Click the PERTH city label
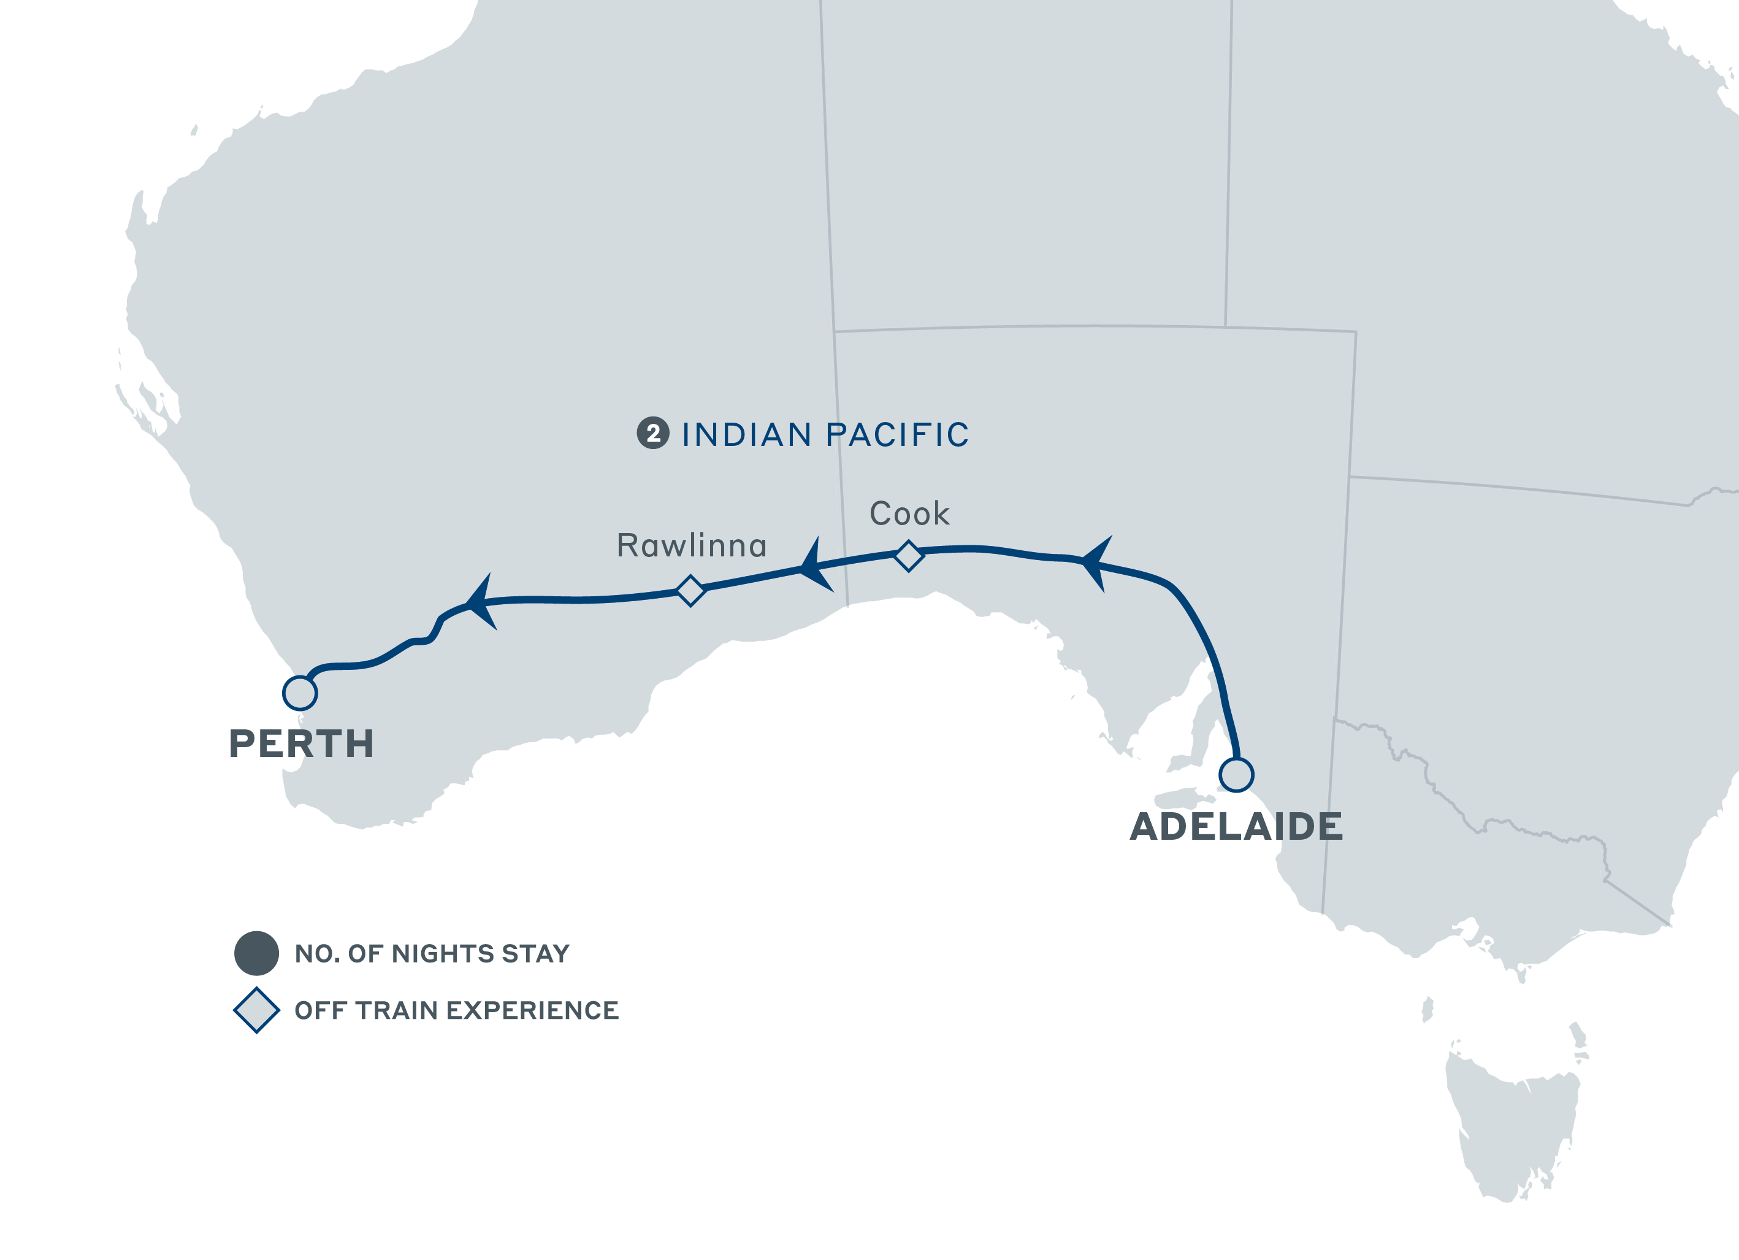pyautogui.click(x=301, y=744)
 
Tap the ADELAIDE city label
pyautogui.click(x=1236, y=827)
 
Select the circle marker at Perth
pyautogui.click(x=300, y=693)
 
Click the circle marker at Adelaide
pyautogui.click(x=1236, y=775)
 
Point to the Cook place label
pyautogui.click(x=909, y=514)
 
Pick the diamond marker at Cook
pyautogui.click(x=909, y=556)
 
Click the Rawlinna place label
pyautogui.click(x=692, y=546)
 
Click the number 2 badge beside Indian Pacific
pyautogui.click(x=653, y=434)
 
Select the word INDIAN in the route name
pyautogui.click(x=746, y=435)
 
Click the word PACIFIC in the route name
pyautogui.click(x=897, y=435)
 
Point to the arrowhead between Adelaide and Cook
pyautogui.click(x=1096, y=563)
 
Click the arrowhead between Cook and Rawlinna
pyautogui.click(x=814, y=566)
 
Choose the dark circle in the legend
pyautogui.click(x=256, y=953)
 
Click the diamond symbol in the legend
pyautogui.click(x=256, y=1010)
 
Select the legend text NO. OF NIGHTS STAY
pyautogui.click(x=432, y=953)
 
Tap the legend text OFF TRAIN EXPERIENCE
pyautogui.click(x=456, y=1011)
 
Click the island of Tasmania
pyautogui.click(x=1510, y=1120)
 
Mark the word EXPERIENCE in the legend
pyautogui.click(x=532, y=1011)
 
